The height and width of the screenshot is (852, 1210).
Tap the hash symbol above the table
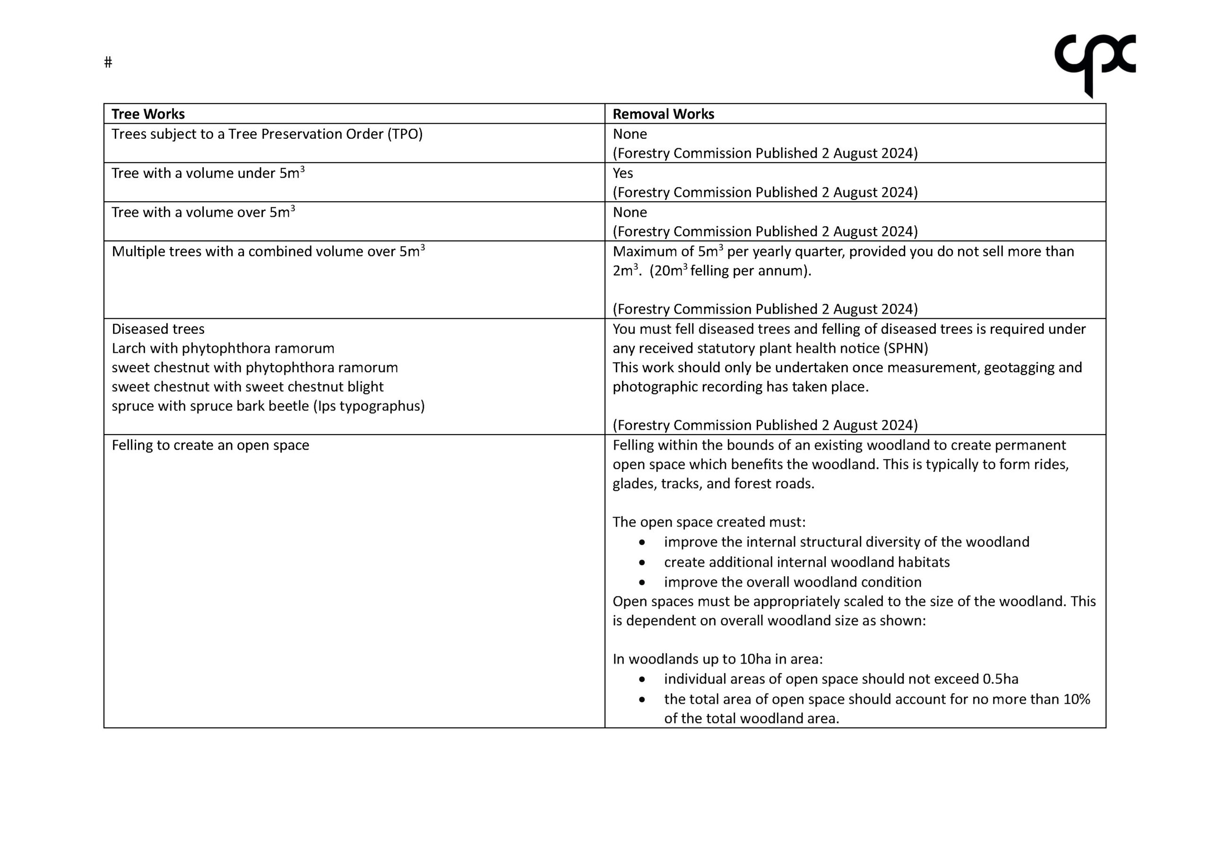pos(108,63)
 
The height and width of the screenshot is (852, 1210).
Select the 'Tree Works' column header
pos(148,114)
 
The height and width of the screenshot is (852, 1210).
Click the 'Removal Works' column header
pos(663,114)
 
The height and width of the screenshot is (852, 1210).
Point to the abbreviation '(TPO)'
pos(405,134)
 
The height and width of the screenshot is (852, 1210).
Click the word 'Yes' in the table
pos(622,173)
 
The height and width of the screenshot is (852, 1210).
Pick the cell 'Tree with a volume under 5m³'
pos(207,173)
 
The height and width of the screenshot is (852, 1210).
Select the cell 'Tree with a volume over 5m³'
pos(203,212)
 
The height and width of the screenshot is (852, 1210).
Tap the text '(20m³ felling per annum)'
pos(730,271)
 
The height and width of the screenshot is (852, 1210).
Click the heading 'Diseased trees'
pos(158,329)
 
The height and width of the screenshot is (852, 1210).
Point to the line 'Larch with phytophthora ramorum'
pos(223,349)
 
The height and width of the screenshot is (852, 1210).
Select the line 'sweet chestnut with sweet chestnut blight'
pos(247,387)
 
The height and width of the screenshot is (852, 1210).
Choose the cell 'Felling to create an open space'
pos(210,445)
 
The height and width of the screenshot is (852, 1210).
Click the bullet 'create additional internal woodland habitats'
pos(806,562)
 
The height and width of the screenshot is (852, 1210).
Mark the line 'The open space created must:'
pos(709,522)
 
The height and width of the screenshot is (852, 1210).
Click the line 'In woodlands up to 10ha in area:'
pos(717,659)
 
